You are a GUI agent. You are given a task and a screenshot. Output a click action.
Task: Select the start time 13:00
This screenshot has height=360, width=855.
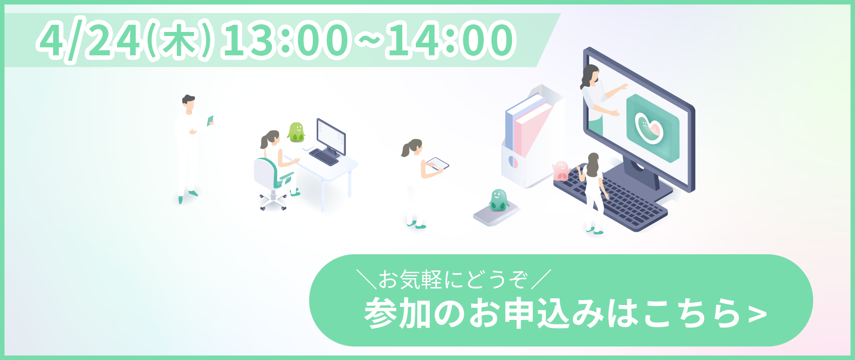pyautogui.click(x=285, y=40)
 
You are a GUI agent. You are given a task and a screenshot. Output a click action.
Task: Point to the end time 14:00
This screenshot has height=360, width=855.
pyautogui.click(x=450, y=40)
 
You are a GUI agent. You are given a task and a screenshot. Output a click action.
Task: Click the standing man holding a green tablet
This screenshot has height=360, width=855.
pyautogui.click(x=189, y=148)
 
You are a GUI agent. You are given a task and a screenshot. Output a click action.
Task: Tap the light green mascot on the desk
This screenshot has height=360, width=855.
pyautogui.click(x=296, y=132)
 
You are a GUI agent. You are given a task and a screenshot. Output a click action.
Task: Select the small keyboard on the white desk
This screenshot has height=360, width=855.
pyautogui.click(x=324, y=157)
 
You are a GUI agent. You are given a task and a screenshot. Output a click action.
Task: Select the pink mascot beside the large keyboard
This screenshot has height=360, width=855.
pyautogui.click(x=561, y=170)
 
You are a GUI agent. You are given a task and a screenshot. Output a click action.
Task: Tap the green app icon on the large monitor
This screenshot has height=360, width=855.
pyautogui.click(x=652, y=128)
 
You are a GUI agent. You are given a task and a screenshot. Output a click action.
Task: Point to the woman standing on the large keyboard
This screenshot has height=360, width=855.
pyautogui.click(x=593, y=193)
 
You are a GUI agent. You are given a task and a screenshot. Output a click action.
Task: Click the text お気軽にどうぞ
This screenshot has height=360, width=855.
pyautogui.click(x=452, y=279)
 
